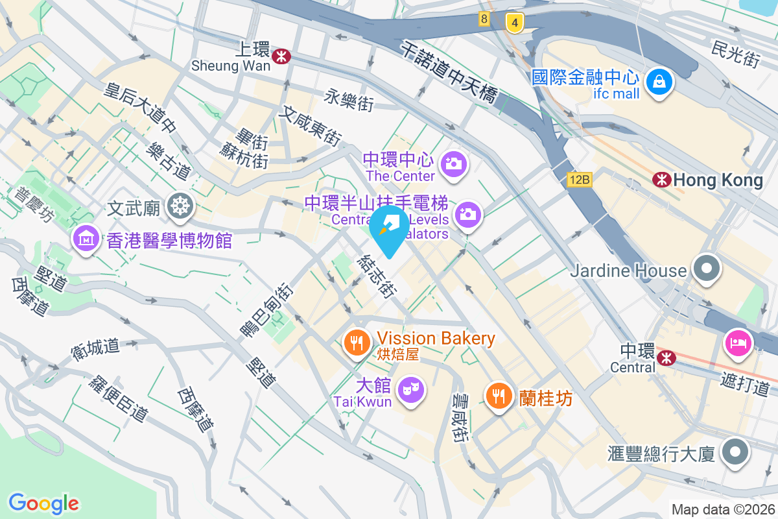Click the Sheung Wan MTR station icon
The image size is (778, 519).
[281, 56]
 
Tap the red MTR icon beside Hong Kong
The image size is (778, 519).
[662, 180]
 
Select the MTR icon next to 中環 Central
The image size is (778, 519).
[665, 357]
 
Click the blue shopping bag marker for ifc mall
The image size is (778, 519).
[659, 81]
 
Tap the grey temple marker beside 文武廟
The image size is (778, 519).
[180, 206]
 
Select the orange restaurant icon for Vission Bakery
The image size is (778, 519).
[357, 342]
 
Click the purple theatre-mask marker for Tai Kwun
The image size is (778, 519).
[411, 389]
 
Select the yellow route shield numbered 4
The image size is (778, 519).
[515, 23]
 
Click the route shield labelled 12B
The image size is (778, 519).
[579, 180]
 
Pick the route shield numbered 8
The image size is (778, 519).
[484, 19]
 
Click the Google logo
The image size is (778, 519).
[43, 503]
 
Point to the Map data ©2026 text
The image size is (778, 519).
[722, 509]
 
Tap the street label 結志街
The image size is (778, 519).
[376, 276]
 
